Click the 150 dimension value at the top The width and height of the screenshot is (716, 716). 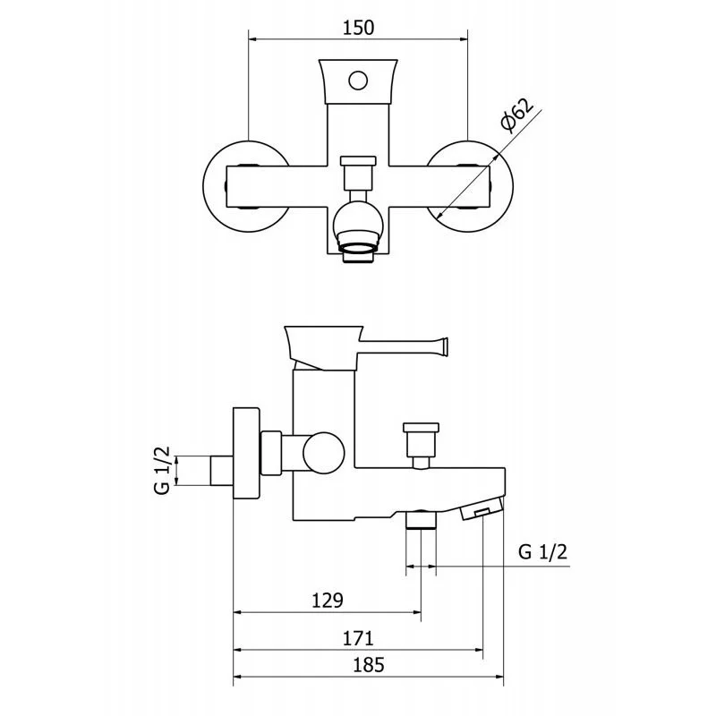359,28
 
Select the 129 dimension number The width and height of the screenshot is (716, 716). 327,601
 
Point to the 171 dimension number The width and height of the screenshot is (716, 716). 358,638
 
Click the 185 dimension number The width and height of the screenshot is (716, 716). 369,665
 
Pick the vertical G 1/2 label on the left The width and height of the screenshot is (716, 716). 162,471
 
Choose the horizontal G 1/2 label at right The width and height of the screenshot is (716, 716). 542,552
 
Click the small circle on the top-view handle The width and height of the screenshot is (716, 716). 358,81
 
